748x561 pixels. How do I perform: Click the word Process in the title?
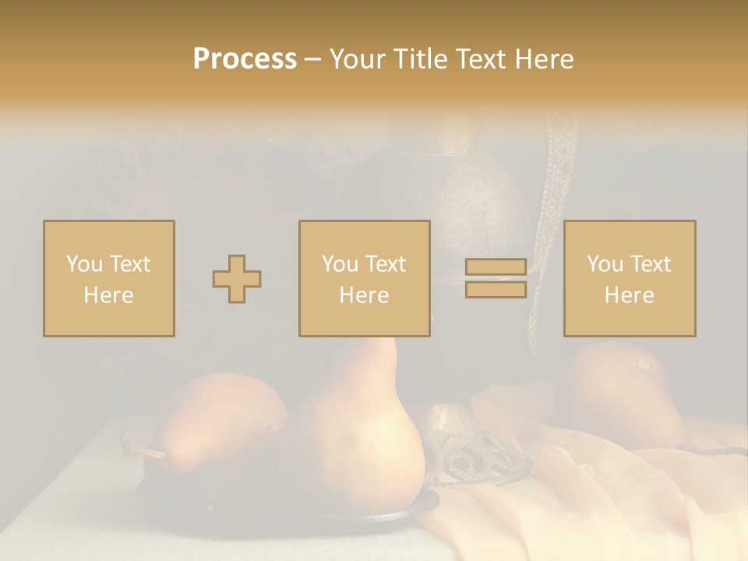[245, 59]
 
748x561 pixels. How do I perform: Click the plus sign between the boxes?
[237, 278]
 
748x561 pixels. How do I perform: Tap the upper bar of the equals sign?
[496, 267]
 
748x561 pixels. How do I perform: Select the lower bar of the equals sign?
[496, 289]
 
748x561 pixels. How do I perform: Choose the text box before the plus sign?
[109, 278]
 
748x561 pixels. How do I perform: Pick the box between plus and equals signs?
[364, 278]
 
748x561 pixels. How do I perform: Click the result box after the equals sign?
[629, 278]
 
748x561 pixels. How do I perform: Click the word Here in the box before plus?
[108, 295]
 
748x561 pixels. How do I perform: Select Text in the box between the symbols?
[386, 264]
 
